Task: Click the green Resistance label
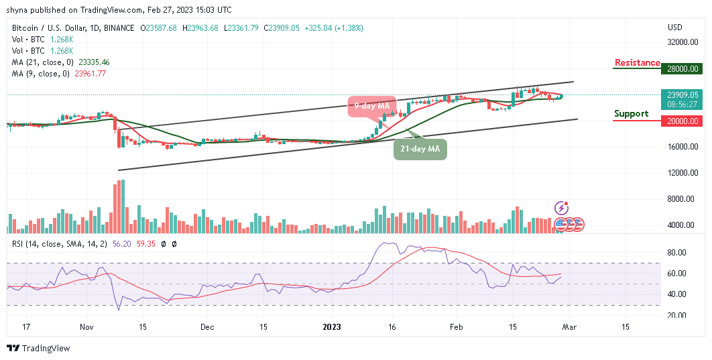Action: (637, 63)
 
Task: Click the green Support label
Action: (631, 114)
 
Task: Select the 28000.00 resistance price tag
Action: (683, 68)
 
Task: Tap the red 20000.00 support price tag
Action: (683, 121)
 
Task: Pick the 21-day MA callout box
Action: (420, 149)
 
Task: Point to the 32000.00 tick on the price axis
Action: (683, 42)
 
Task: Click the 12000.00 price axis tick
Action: (683, 173)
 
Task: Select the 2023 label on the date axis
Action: (331, 327)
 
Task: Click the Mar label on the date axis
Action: (571, 327)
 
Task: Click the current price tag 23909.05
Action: (683, 95)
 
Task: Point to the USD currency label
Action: (675, 27)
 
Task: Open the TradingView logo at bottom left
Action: (38, 349)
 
